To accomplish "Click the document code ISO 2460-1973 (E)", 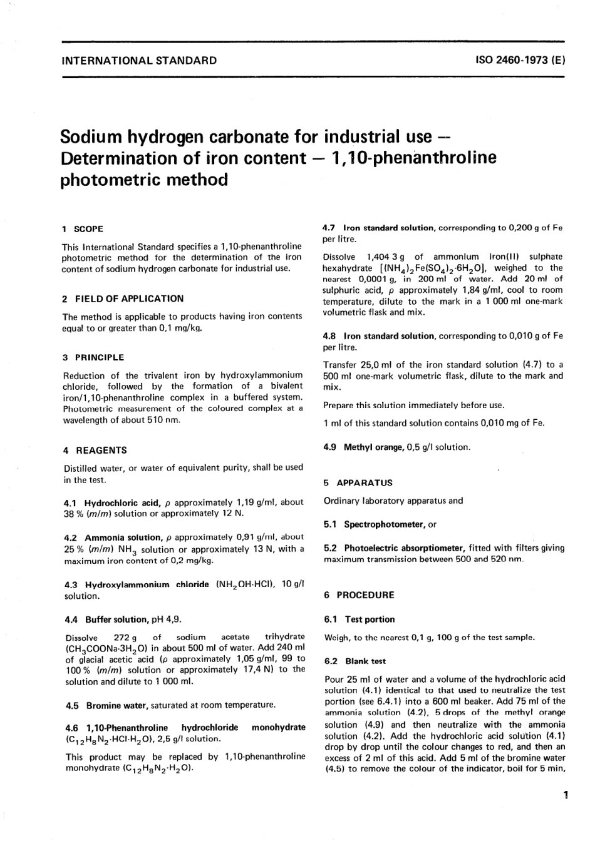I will coord(520,61).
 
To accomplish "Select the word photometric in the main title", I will coord(110,180).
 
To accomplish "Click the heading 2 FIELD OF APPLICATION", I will coord(123,298).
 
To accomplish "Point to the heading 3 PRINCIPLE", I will coord(93,357).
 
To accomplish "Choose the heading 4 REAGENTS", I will coord(95,450).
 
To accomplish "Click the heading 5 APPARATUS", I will coord(358,482).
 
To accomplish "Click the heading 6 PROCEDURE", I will coord(359,595).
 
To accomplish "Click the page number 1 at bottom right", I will coord(565,795).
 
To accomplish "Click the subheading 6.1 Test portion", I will coord(360,619).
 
